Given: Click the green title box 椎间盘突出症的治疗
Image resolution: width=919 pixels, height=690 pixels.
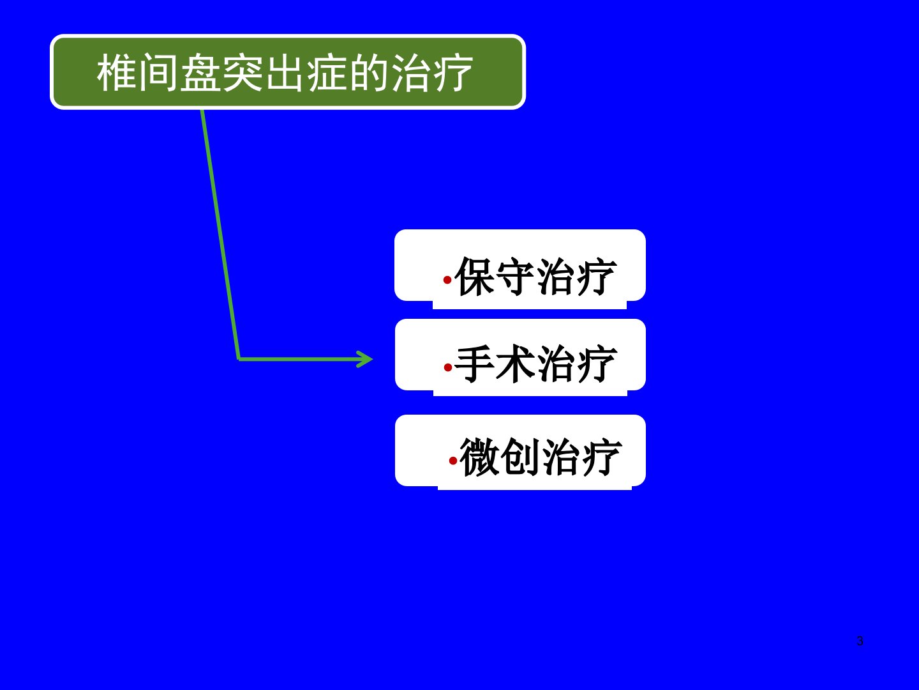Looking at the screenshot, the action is tap(288, 72).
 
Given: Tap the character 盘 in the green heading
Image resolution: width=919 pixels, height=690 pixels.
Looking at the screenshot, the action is tap(201, 73).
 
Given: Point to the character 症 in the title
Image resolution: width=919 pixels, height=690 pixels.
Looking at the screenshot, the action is tap(327, 73).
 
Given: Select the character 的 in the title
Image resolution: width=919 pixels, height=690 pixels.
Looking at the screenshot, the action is tap(370, 73).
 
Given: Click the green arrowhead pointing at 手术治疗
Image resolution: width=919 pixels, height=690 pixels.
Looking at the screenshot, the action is tap(364, 359).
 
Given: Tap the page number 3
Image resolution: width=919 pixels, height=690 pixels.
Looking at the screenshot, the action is tap(860, 641).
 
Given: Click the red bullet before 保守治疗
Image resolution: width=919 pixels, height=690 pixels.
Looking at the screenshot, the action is tap(447, 279).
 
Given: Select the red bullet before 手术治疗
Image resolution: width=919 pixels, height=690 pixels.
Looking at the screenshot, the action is tap(447, 367).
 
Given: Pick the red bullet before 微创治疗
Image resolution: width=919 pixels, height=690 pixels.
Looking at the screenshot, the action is tap(452, 461).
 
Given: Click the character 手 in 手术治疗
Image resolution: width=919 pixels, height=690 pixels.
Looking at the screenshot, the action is tap(475, 364).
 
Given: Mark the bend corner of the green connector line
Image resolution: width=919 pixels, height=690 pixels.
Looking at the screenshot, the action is tap(239, 359).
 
